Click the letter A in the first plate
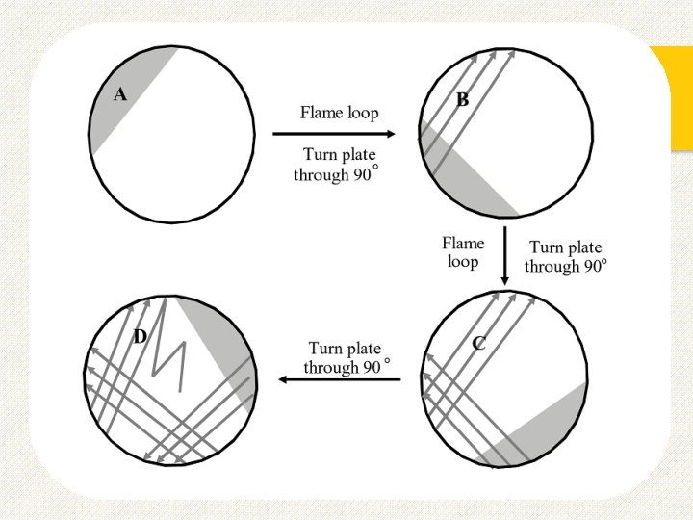click(120, 94)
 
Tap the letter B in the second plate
click(462, 99)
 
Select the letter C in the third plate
click(478, 343)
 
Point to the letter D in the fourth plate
click(141, 336)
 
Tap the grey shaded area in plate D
click(227, 342)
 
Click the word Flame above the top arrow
click(321, 112)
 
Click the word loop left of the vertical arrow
click(463, 261)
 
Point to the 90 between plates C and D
click(370, 367)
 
